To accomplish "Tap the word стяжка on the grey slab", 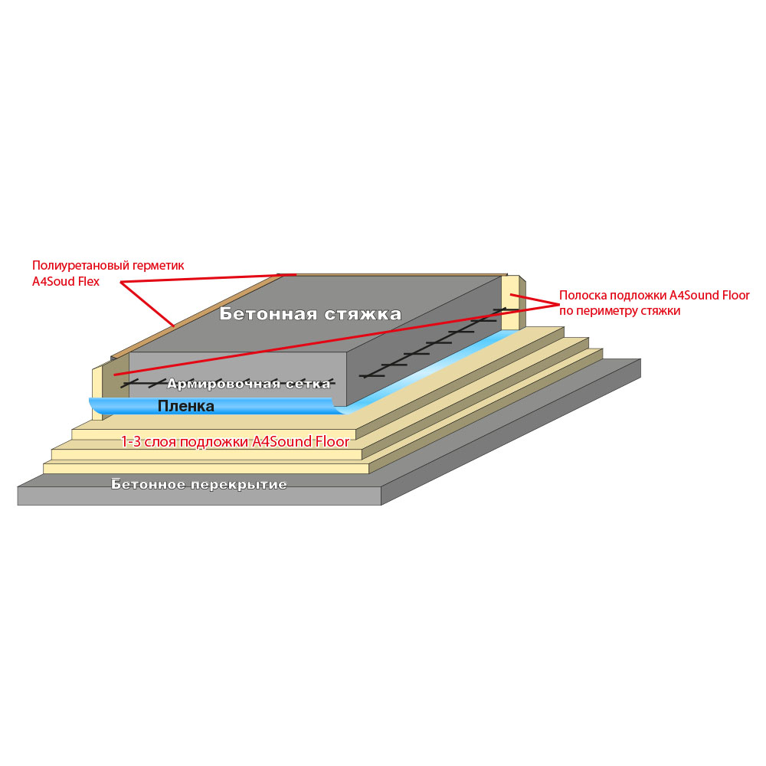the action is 363,314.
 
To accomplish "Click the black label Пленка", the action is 185,406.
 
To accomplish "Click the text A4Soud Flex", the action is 65,282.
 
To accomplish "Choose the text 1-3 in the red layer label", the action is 130,442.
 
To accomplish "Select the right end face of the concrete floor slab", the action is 511,432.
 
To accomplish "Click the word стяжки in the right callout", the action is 661,311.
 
